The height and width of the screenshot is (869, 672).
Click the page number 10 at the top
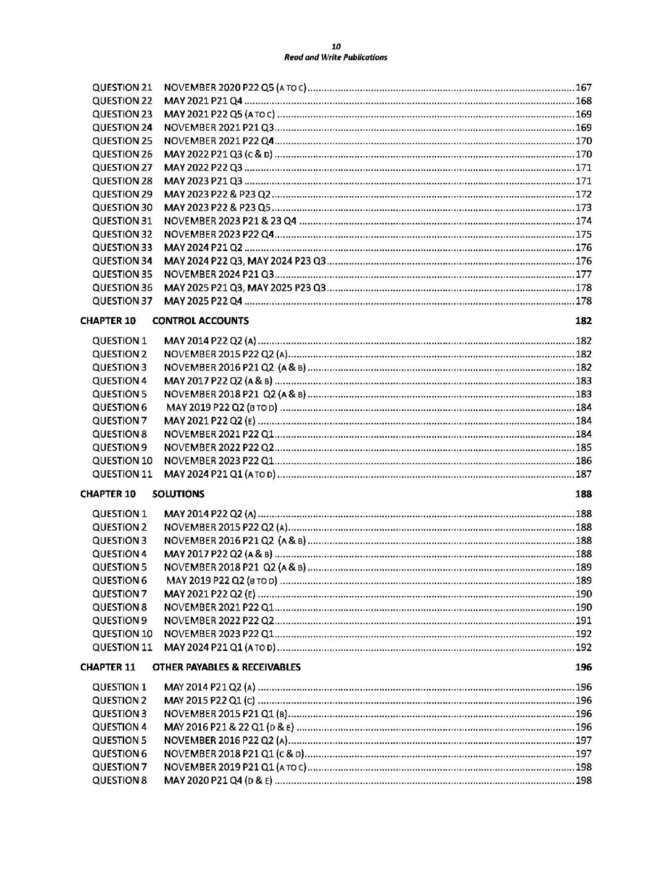pyautogui.click(x=335, y=46)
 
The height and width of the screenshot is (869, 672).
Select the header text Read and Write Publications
pyautogui.click(x=335, y=57)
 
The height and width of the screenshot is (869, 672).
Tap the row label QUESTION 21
pyautogui.click(x=122, y=88)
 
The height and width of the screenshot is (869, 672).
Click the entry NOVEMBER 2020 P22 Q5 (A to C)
pyautogui.click(x=235, y=88)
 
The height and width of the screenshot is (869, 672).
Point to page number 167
pyautogui.click(x=583, y=88)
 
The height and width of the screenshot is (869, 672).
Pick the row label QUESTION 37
pyautogui.click(x=122, y=301)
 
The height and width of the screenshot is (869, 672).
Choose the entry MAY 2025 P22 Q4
pyautogui.click(x=203, y=301)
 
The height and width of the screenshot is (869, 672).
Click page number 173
pyautogui.click(x=583, y=207)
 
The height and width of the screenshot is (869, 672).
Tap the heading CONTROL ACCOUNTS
pyautogui.click(x=200, y=321)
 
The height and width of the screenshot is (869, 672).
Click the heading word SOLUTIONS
pyautogui.click(x=178, y=494)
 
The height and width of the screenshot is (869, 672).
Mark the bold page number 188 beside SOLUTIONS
pyautogui.click(x=583, y=494)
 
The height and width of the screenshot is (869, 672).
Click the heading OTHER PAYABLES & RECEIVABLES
pyautogui.click(x=226, y=667)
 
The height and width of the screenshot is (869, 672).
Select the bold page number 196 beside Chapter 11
pyautogui.click(x=583, y=667)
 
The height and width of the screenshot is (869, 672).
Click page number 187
pyautogui.click(x=583, y=474)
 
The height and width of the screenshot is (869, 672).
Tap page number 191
pyautogui.click(x=583, y=621)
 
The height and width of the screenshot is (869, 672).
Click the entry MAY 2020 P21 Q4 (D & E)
pyautogui.click(x=218, y=781)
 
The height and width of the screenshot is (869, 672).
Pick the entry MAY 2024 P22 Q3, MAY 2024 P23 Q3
pyautogui.click(x=245, y=261)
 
